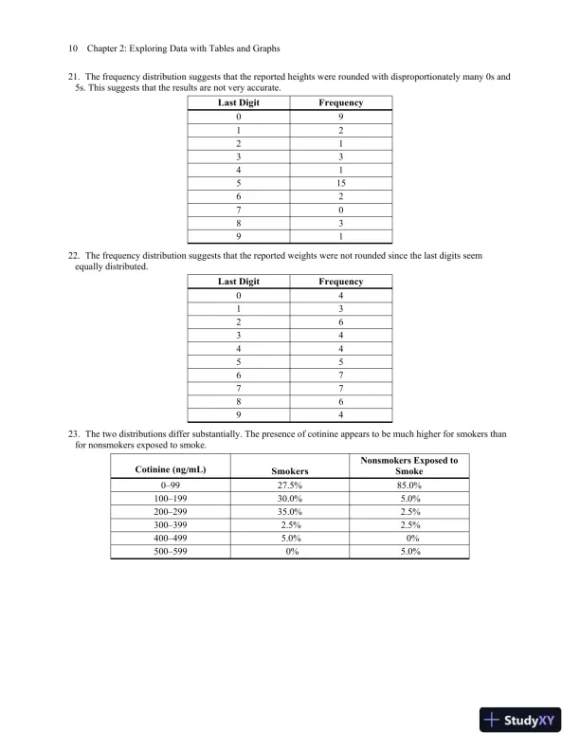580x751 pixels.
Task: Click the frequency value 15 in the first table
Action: [340, 182]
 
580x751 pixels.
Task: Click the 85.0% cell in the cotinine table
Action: [409, 485]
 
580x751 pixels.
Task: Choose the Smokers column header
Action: [290, 470]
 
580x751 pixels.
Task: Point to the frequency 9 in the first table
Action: [340, 116]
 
